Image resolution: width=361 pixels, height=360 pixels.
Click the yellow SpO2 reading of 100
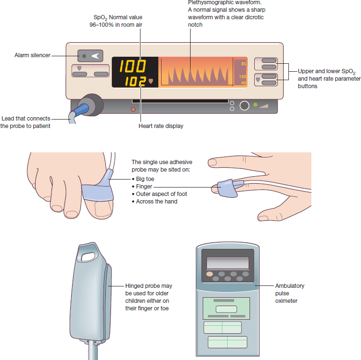pyautogui.click(x=133, y=66)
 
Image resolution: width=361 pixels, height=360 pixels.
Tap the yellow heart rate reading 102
pyautogui.click(x=135, y=81)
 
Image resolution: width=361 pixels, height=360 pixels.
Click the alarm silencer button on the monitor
pyautogui.click(x=90, y=56)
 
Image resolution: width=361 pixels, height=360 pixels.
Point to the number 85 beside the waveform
pyautogui.click(x=243, y=64)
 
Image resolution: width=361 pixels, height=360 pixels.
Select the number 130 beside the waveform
pyautogui.click(x=243, y=76)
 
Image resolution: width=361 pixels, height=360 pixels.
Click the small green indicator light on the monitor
pyautogui.click(x=255, y=105)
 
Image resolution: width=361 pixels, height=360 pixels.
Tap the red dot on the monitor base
pyautogui.click(x=133, y=110)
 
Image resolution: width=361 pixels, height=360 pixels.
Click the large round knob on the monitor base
pyautogui.click(x=244, y=105)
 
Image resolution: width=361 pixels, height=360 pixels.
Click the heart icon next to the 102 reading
pyautogui.click(x=151, y=81)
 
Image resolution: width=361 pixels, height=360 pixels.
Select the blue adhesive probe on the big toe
pyautogui.click(x=98, y=188)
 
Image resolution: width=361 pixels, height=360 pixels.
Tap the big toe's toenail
pyautogui.click(x=103, y=209)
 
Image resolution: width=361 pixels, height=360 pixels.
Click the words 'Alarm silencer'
pyautogui.click(x=32, y=55)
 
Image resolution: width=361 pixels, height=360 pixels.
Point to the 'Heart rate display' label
pyautogui.click(x=161, y=126)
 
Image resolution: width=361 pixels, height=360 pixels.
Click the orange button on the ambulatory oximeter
pyautogui.click(x=209, y=274)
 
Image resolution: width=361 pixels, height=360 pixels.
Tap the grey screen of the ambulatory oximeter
pyautogui.click(x=228, y=262)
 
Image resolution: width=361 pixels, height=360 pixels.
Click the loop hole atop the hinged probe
pyautogui.click(x=88, y=256)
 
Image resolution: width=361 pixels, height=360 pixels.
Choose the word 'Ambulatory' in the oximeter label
pyautogui.click(x=290, y=286)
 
